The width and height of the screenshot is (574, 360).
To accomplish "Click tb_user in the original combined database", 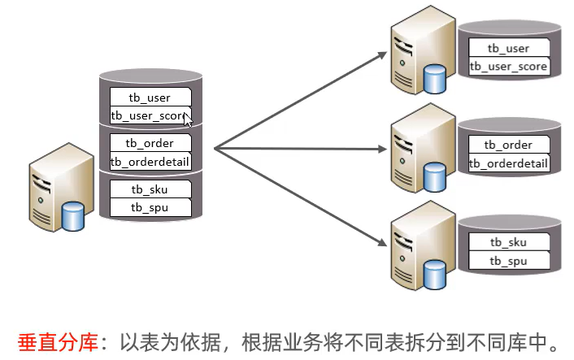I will coord(150,98).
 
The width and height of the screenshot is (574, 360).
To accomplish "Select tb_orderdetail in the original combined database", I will coord(150,162).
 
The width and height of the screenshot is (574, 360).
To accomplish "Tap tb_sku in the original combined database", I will coord(150,189).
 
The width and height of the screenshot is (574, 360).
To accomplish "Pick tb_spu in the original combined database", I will coord(150,207).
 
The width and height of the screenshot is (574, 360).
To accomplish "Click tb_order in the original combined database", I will coord(150,143).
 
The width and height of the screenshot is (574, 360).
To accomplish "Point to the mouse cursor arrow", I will coord(188,119).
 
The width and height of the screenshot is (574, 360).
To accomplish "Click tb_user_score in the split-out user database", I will coord(508,67).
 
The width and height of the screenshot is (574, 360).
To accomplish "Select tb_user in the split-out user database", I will coord(508,49).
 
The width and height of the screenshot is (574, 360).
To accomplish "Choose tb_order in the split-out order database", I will coord(508,145).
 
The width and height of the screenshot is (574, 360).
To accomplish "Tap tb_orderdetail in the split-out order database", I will coord(508,163).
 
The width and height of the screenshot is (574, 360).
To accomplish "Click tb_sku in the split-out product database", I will coord(508,242).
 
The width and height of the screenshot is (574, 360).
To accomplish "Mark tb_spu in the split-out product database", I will coord(508,261).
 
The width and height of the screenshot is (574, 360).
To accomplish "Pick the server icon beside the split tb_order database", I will coord(420,154).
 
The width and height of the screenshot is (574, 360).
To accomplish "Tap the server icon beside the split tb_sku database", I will coord(420,251).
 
